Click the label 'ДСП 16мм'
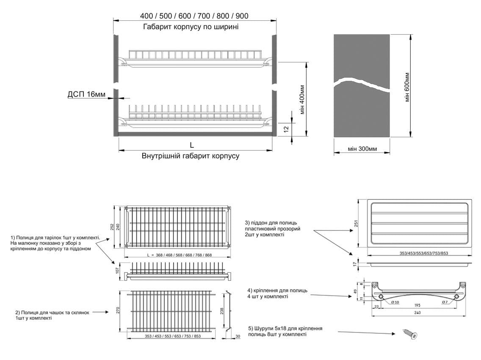(86, 94)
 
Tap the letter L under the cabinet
(192, 144)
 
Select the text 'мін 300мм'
(362, 149)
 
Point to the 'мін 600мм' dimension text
(407, 86)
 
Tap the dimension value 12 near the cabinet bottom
(286, 128)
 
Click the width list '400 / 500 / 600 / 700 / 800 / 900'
(194, 16)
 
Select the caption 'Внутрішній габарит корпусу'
(191, 156)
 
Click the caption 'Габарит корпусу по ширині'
(191, 27)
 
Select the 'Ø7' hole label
(445, 302)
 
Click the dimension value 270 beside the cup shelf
(119, 310)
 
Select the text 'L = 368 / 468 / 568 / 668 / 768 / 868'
(179, 255)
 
